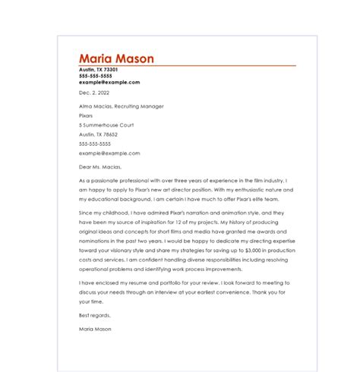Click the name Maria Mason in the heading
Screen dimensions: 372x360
pyautogui.click(x=116, y=58)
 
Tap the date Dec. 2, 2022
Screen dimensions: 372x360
pyautogui.click(x=95, y=93)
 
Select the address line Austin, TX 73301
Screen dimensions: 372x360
pyautogui.click(x=99, y=70)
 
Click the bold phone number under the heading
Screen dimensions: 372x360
pyautogui.click(x=95, y=76)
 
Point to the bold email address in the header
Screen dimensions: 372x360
pyautogui.click(x=109, y=82)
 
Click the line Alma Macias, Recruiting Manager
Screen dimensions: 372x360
pyautogui.click(x=122, y=106)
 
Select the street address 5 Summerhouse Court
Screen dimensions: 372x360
pyautogui.click(x=106, y=125)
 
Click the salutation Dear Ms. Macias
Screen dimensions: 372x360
pyautogui.click(x=99, y=166)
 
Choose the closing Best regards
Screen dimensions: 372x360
pyautogui.click(x=95, y=314)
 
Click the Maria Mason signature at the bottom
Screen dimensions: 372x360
pyautogui.click(x=95, y=329)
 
